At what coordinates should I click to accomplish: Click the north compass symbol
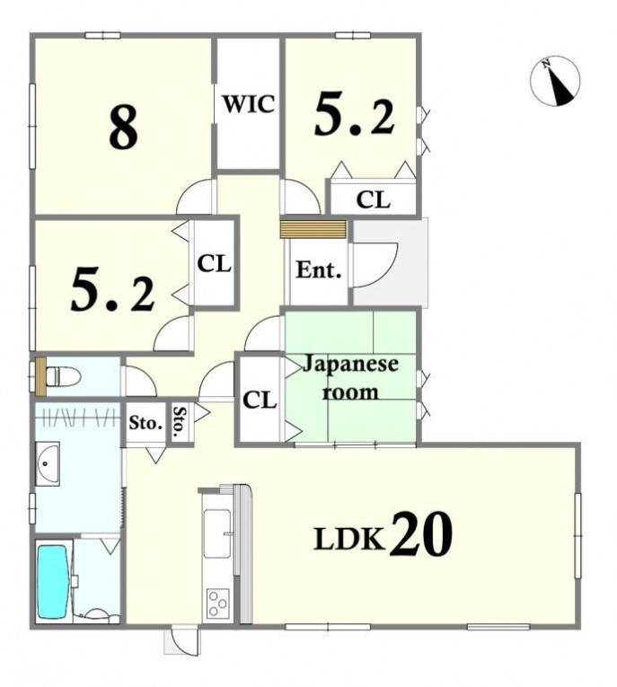point(555,82)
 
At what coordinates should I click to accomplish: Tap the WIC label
point(249,104)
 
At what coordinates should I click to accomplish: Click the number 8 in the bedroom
point(124,128)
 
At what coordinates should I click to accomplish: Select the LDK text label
point(349,539)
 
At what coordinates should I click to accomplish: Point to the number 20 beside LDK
point(421,534)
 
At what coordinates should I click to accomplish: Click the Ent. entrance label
point(319,270)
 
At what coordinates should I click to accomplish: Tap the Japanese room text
point(350,378)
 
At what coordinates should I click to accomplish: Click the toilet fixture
point(63,376)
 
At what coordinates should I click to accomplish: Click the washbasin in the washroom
point(48,464)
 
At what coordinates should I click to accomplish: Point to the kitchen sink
point(217,533)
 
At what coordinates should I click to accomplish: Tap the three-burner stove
point(218,603)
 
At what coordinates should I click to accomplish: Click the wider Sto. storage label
point(145,423)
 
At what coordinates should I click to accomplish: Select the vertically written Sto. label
point(180,423)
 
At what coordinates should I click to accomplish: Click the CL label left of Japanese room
point(260,400)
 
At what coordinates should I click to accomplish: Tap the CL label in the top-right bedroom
point(373,200)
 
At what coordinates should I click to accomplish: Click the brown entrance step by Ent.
point(313,230)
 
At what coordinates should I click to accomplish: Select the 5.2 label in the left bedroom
point(112,290)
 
